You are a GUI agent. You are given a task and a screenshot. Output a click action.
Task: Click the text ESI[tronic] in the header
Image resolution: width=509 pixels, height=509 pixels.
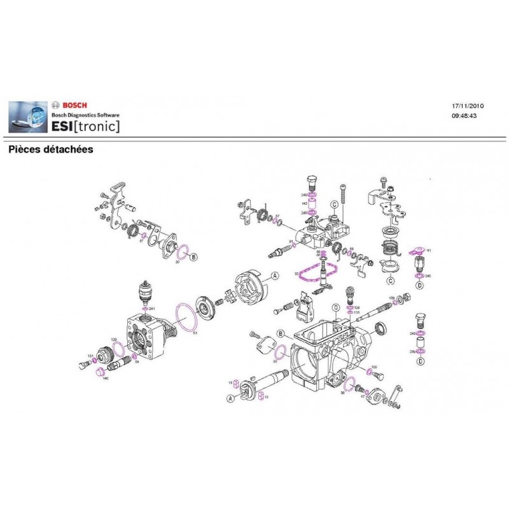point(85,126)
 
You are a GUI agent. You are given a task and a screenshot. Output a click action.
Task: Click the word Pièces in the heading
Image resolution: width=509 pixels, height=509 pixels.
point(26,150)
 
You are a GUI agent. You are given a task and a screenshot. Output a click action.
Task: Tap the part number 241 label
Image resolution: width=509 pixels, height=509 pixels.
point(152,309)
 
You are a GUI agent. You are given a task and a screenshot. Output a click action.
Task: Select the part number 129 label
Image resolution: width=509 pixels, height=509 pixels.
point(114,340)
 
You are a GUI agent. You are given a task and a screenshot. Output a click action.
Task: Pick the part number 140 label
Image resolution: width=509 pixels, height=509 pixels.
point(105,379)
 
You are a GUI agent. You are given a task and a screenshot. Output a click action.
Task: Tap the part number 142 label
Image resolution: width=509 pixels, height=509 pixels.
point(304,203)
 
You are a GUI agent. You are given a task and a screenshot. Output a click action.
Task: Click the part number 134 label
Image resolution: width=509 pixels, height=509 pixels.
point(357,307)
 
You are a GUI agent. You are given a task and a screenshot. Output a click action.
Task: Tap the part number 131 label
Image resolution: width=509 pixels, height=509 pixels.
point(90,356)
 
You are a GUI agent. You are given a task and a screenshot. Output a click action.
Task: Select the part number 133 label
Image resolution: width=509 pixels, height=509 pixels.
point(357,313)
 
